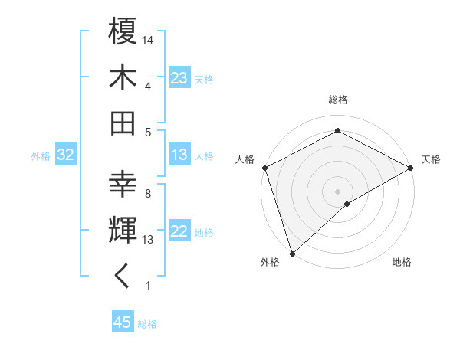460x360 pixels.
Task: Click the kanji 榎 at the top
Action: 123,33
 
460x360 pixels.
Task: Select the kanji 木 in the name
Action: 123,78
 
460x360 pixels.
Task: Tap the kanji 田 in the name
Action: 123,123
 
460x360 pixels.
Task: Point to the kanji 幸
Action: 123,185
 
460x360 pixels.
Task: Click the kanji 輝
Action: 123,230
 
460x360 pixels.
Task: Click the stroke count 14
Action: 149,39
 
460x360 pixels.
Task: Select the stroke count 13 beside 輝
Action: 149,240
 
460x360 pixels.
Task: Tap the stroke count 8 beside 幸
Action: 147,194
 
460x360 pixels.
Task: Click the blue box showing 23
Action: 179,78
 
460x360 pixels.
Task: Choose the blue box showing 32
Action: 66,155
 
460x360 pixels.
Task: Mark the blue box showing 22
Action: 179,232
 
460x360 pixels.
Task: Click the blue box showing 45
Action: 123,322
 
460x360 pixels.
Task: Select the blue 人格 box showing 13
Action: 179,155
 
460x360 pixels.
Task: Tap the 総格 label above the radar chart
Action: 338,100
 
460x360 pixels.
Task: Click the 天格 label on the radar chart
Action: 431,159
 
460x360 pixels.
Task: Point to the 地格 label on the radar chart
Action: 402,262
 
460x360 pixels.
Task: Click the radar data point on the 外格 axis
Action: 292,254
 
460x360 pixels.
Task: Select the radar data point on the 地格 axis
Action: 347,204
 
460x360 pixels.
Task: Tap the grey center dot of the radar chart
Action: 337,191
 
